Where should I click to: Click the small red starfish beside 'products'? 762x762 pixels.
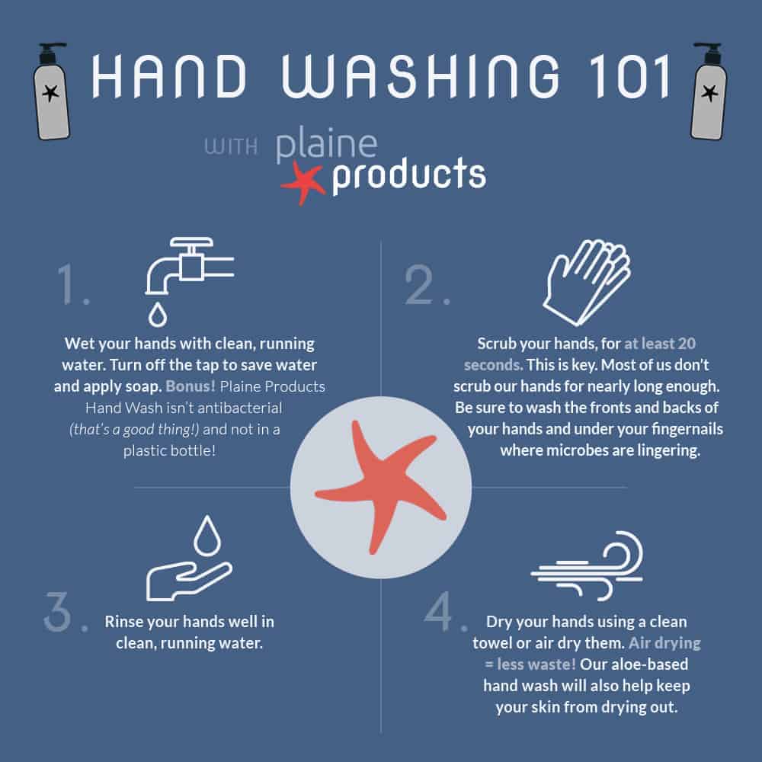[x=303, y=182]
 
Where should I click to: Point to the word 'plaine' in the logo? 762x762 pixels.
[x=327, y=144]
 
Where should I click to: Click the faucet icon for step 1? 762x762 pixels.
[x=189, y=266]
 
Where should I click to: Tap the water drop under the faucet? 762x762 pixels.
[x=158, y=314]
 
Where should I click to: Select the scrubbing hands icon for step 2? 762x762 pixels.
[x=587, y=282]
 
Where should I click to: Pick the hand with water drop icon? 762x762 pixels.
[x=189, y=558]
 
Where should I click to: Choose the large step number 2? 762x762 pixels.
[x=427, y=285]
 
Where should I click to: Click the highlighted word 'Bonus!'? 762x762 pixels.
[x=190, y=386]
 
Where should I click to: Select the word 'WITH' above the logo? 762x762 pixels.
[x=231, y=146]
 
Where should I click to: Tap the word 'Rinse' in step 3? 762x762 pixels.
[x=123, y=622]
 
